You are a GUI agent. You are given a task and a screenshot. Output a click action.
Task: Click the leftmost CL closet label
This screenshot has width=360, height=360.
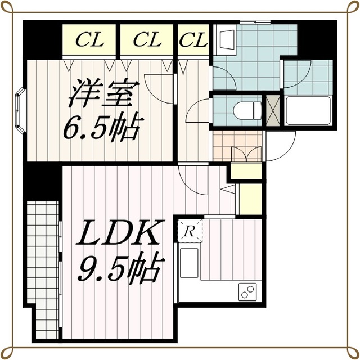click(x=90, y=40)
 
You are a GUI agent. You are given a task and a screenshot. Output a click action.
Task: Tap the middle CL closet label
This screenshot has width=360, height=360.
click(x=147, y=40)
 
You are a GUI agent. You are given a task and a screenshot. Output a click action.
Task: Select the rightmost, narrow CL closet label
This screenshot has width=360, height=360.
click(x=193, y=40)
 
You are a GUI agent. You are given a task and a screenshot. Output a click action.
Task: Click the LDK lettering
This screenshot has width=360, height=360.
click(x=120, y=232)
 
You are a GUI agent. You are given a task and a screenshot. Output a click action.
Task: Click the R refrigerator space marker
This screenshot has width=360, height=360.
click(x=189, y=231)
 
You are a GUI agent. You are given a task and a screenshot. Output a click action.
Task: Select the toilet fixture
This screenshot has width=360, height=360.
click(x=247, y=111)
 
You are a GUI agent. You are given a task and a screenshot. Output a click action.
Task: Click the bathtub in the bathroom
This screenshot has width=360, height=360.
click(x=308, y=111)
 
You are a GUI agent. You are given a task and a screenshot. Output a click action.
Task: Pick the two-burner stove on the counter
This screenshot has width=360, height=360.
click(x=247, y=291)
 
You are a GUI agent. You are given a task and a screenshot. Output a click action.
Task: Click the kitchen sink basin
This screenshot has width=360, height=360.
click(x=189, y=263)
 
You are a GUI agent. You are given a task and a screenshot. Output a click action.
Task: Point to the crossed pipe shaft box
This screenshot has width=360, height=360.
click(x=272, y=111)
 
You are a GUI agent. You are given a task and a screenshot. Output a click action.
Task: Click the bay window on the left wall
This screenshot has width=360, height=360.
click(x=20, y=110)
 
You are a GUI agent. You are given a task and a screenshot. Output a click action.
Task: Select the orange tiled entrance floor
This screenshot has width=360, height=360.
click(x=237, y=146)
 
